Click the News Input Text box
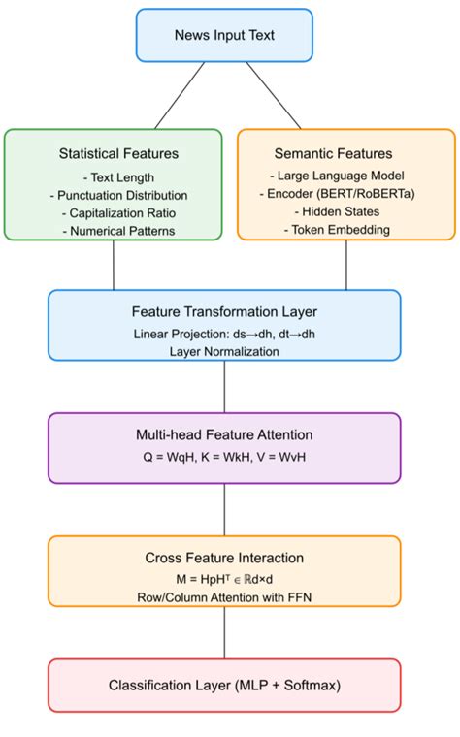click(x=224, y=35)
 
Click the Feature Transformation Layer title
click(x=224, y=312)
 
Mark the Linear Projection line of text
click(x=224, y=334)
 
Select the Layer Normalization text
click(x=224, y=351)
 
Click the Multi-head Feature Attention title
click(x=224, y=436)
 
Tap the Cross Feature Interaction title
click(x=224, y=558)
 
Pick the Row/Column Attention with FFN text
click(x=224, y=597)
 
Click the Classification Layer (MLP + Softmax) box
click(x=224, y=686)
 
